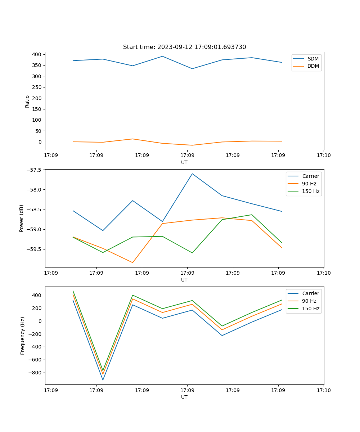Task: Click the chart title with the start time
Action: coord(184,47)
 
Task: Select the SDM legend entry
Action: coord(313,59)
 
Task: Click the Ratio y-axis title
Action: coord(27,102)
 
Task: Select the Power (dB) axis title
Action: coord(22,218)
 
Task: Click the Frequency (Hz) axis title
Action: coord(23,336)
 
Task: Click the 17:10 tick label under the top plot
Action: coord(324,156)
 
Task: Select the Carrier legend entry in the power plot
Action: coord(310,176)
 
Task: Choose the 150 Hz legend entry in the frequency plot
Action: coord(311,309)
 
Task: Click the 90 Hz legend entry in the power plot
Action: coord(309,184)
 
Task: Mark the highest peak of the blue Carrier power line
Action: coord(192,174)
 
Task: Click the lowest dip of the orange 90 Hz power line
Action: coord(132,262)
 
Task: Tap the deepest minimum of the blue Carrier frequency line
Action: coord(103,380)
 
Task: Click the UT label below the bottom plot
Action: coord(184,397)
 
